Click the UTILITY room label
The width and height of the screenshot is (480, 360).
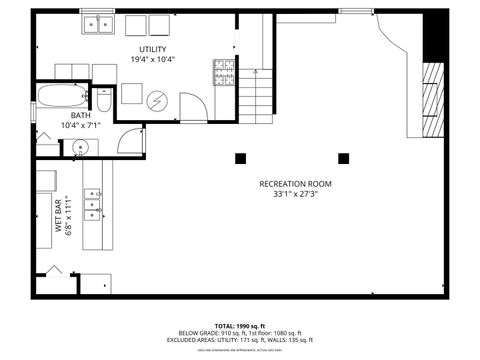[152, 49]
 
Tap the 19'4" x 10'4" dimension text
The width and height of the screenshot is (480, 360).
[152, 60]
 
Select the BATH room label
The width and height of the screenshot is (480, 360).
[80, 115]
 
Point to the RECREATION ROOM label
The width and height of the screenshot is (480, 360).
[295, 184]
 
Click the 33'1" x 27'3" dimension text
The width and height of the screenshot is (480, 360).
[295, 195]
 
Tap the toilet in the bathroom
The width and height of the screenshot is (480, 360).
[105, 100]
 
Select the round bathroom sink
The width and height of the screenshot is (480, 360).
[79, 149]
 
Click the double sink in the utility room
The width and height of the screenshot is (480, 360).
[97, 26]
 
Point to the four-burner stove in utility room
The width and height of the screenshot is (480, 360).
[224, 71]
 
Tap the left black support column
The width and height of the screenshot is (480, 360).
[240, 157]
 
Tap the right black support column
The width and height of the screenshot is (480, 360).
[344, 157]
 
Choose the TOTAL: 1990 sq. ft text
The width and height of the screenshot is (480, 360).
[237, 326]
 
